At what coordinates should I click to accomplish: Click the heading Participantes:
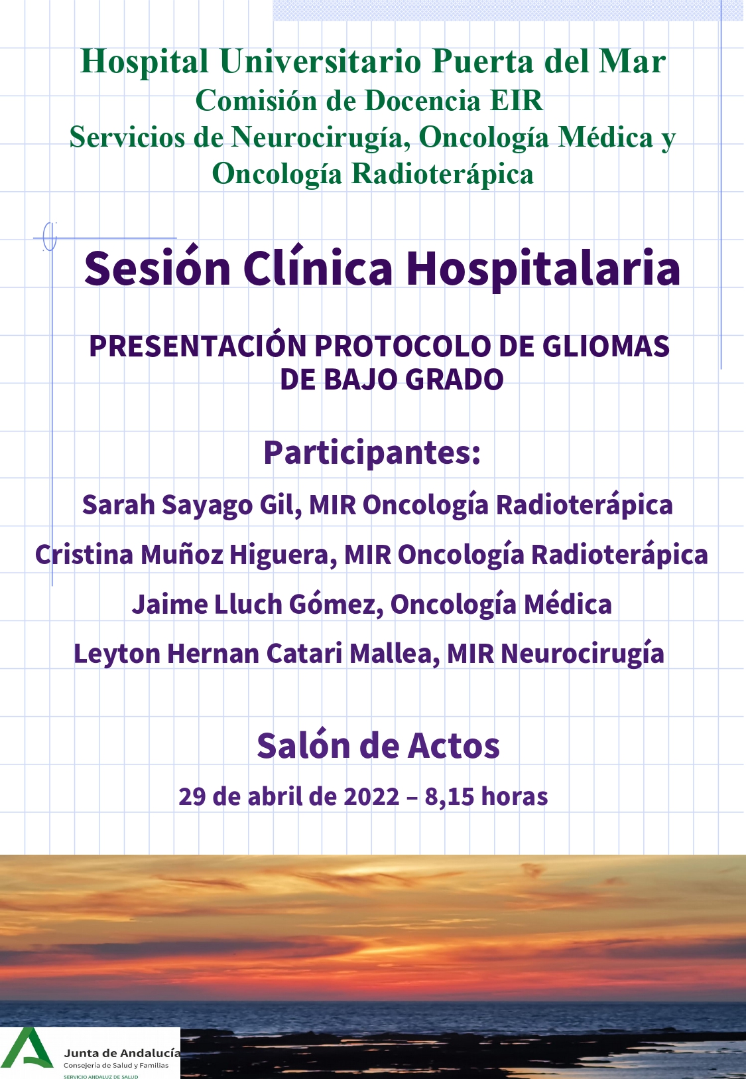coord(372,453)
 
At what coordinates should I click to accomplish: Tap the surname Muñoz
coord(182,555)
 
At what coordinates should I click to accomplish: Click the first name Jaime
coord(169,604)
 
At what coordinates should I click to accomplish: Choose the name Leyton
coord(117,654)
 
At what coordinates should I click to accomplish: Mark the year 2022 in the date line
coord(371,797)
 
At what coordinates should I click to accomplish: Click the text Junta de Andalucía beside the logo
coord(122,1054)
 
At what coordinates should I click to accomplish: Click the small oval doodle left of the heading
coord(49,236)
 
